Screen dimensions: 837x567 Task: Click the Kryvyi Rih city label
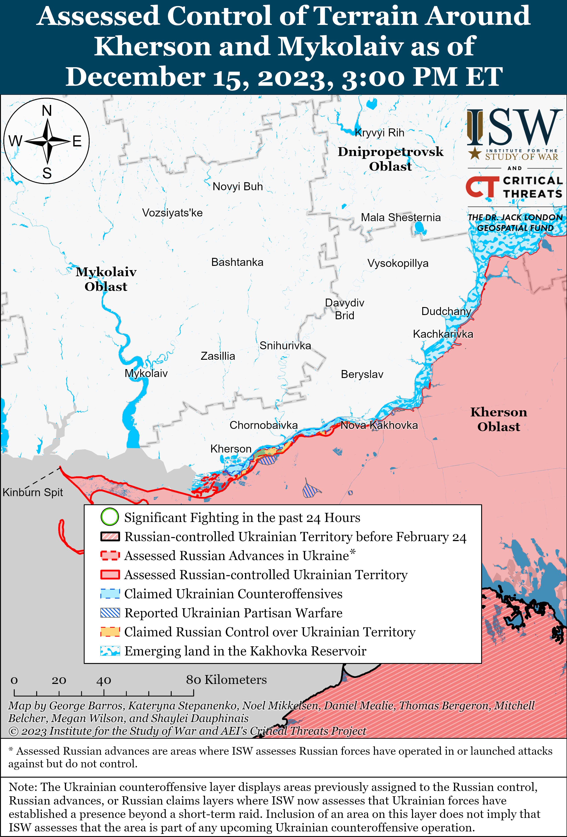(x=379, y=133)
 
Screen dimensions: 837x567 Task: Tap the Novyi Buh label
(x=238, y=187)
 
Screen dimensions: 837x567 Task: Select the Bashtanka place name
(x=237, y=262)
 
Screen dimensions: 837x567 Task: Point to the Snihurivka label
(x=285, y=346)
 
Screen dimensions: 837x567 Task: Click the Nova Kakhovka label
(x=379, y=425)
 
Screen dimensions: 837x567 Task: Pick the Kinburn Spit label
(x=33, y=492)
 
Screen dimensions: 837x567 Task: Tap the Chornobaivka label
(x=263, y=425)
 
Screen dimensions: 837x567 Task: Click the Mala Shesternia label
(x=401, y=218)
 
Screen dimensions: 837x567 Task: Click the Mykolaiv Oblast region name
(x=106, y=279)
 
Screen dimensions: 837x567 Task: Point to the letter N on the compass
(x=47, y=111)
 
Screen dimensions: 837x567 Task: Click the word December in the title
(x=135, y=77)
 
